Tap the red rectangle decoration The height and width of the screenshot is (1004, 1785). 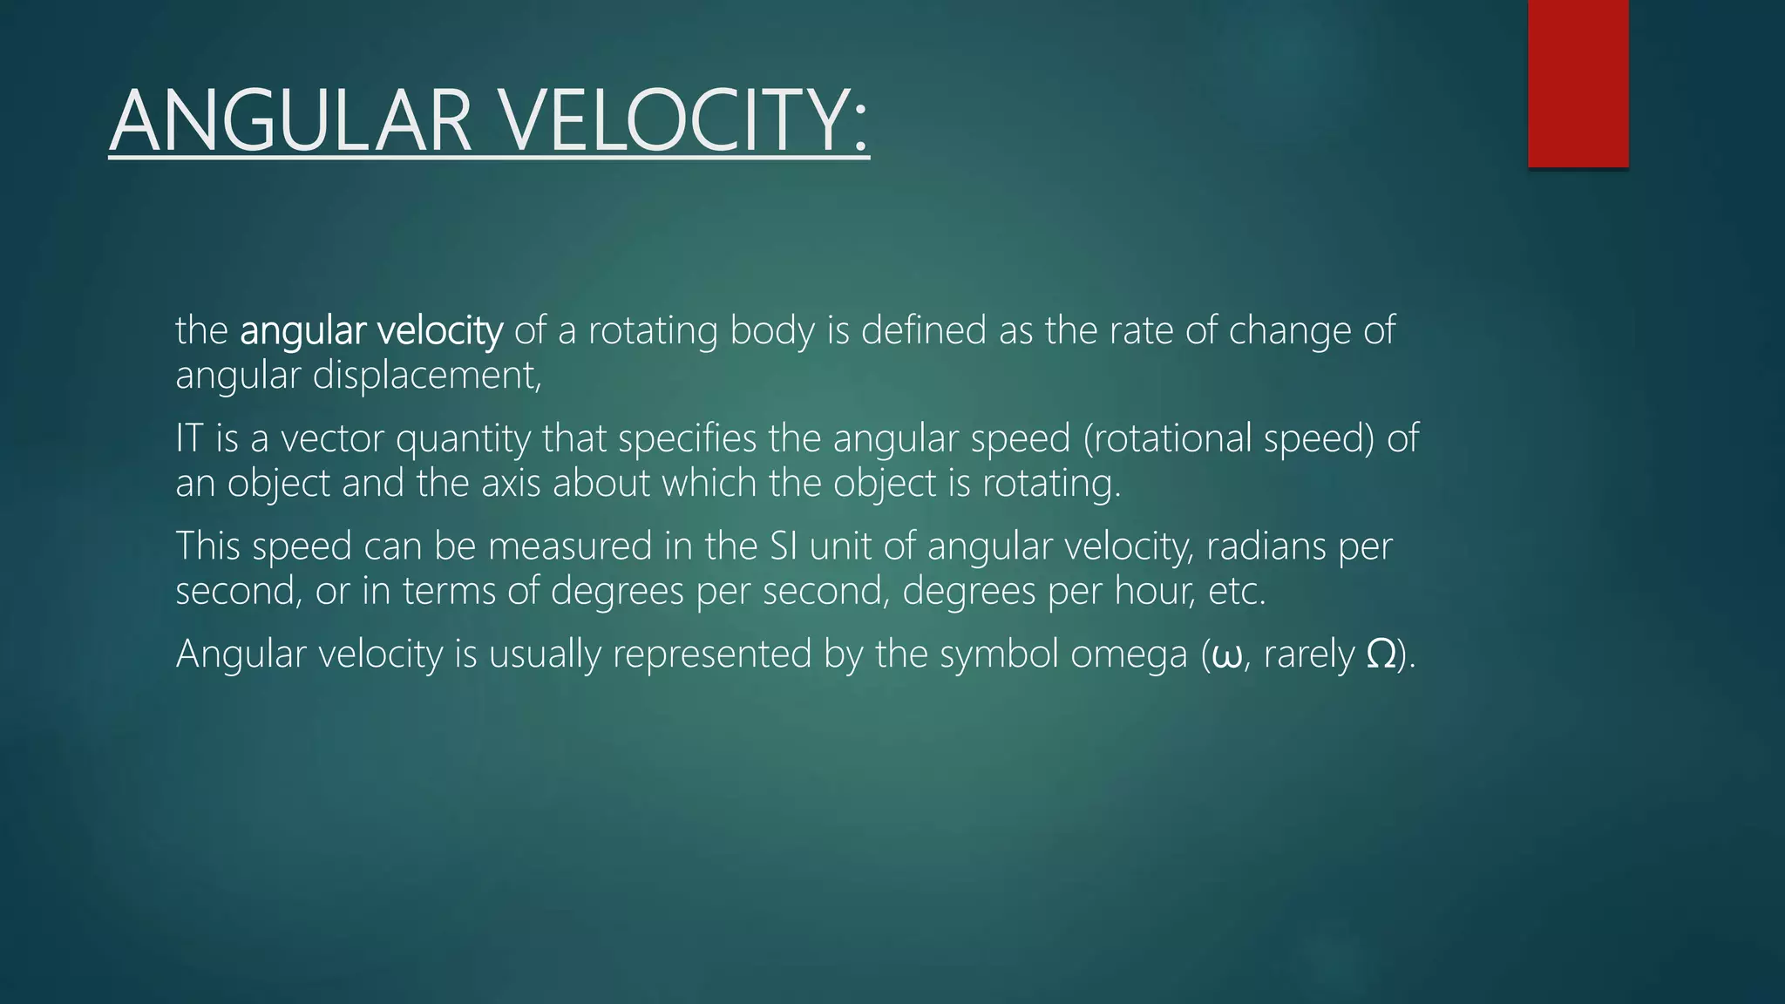coord(1578,84)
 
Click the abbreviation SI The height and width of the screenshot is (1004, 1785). coord(784,546)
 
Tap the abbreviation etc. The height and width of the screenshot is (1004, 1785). coord(1237,592)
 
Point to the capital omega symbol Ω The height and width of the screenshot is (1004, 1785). coord(1381,655)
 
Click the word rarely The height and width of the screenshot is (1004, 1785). coord(1309,656)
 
